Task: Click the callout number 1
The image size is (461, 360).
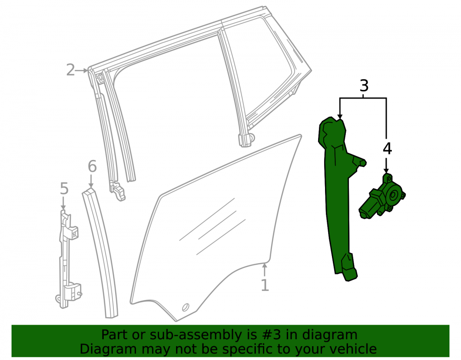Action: (x=265, y=285)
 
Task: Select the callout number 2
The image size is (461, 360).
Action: (x=71, y=70)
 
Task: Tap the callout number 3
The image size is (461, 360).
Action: (x=364, y=86)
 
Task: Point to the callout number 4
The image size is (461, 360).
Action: (x=388, y=149)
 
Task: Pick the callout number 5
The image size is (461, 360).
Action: (x=64, y=188)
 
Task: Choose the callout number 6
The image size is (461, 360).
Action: (x=92, y=166)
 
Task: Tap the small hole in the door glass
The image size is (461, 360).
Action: (x=185, y=307)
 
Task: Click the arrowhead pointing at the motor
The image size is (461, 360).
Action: (x=386, y=171)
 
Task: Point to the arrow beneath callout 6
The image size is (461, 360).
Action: (x=91, y=180)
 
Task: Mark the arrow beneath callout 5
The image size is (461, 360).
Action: (x=63, y=203)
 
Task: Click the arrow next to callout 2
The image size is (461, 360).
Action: (x=82, y=71)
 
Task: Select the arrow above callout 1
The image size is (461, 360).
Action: (x=265, y=270)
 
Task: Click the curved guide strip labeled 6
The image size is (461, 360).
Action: (x=100, y=253)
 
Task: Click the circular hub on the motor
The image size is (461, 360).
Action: (x=393, y=195)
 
